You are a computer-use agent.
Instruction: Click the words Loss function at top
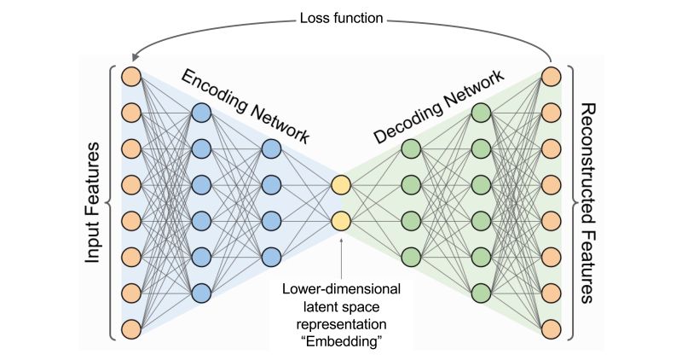point(341,16)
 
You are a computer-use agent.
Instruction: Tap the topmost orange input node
point(130,75)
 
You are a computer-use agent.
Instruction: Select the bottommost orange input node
point(130,328)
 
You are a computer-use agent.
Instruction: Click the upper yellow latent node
point(341,184)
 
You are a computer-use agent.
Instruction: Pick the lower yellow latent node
point(341,221)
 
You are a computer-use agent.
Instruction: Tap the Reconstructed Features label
point(587,203)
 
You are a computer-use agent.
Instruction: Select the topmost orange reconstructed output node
point(552,75)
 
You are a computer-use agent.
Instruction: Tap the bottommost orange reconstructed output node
point(552,328)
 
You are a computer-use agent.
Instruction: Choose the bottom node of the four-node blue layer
point(271,257)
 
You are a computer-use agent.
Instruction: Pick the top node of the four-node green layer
point(411,148)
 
